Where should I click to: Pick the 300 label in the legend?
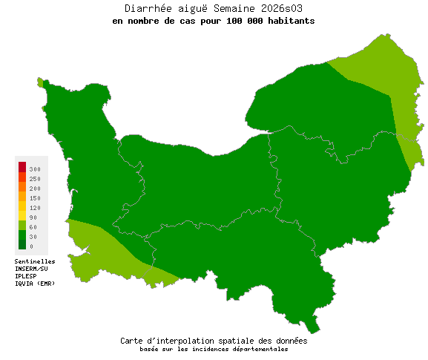(x=35, y=169)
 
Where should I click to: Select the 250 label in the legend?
(x=35, y=179)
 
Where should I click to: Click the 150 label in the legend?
(x=35, y=198)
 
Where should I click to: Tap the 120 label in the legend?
(x=35, y=208)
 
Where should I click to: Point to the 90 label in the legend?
(x=33, y=217)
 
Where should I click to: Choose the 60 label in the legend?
(x=33, y=227)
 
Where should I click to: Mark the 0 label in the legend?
(x=31, y=246)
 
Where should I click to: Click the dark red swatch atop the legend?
(x=22, y=166)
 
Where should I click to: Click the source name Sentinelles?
(x=35, y=261)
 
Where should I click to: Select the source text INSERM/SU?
(x=31, y=269)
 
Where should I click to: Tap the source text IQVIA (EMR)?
(x=35, y=284)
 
